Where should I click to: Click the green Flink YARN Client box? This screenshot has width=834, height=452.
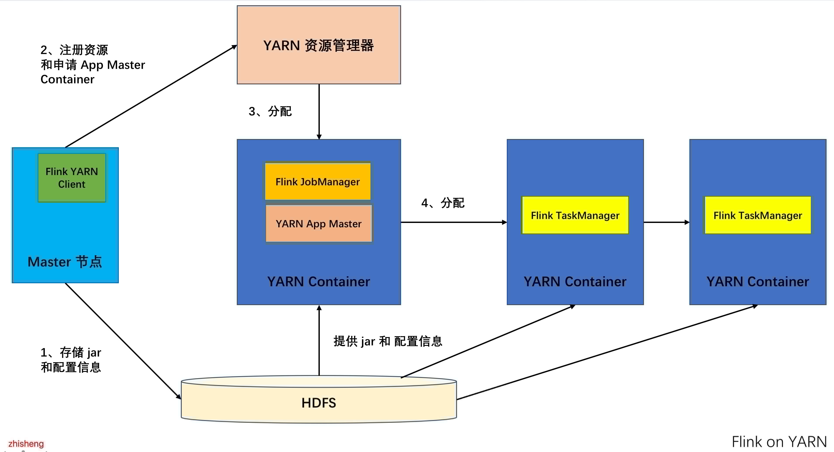(72, 177)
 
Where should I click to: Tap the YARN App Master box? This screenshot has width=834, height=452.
(318, 224)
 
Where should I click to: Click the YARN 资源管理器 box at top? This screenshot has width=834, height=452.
(318, 45)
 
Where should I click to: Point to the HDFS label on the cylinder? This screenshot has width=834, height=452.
(318, 403)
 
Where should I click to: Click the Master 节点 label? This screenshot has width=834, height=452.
(65, 262)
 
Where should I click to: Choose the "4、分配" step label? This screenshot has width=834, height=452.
(443, 203)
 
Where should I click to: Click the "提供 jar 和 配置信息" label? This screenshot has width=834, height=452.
(388, 341)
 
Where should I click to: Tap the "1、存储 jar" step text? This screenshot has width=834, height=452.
(71, 353)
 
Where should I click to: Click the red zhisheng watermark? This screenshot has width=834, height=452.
(26, 443)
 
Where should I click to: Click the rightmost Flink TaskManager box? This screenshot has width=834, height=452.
(758, 215)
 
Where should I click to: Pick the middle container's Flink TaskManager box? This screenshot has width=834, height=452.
(575, 215)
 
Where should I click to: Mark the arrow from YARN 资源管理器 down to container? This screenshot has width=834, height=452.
(319, 112)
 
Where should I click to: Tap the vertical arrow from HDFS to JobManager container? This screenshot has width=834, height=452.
(319, 340)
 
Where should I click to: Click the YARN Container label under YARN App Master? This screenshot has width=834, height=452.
(318, 282)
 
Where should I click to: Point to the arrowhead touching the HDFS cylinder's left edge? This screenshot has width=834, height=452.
(178, 396)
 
